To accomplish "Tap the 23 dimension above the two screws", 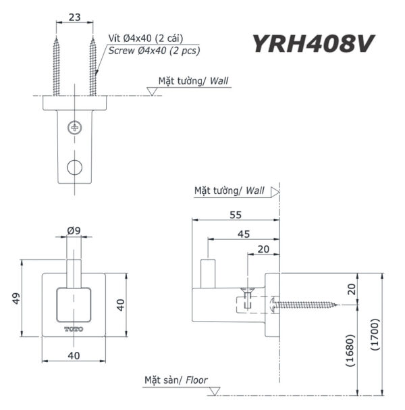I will (x=74, y=19).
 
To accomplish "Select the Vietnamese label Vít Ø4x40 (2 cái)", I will (x=146, y=39).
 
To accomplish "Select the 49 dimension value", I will (x=16, y=297).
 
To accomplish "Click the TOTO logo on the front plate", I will (x=74, y=329).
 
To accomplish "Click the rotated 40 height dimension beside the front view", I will (x=120, y=305).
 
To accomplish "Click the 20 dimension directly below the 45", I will (x=264, y=250).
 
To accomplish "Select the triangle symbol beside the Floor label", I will (x=215, y=391).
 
